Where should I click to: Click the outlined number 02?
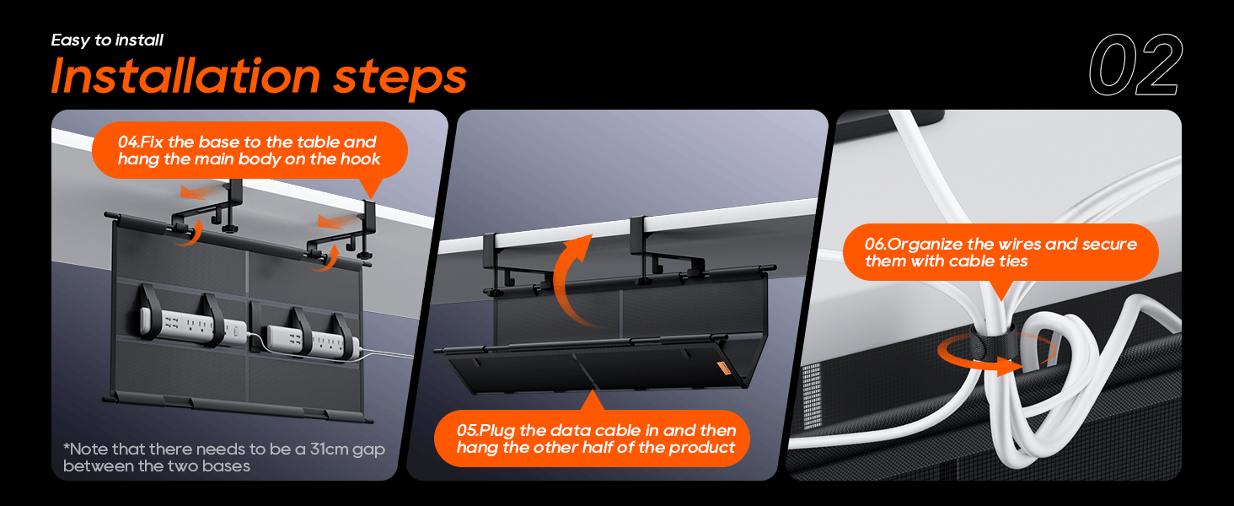[x=1135, y=67]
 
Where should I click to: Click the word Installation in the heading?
[x=185, y=76]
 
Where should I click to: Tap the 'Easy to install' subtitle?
[x=107, y=40]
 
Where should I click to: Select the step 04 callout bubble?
[x=249, y=150]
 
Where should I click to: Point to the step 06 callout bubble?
[x=1001, y=252]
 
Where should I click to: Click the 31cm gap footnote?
[x=223, y=457]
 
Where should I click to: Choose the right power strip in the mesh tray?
[x=312, y=339]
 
